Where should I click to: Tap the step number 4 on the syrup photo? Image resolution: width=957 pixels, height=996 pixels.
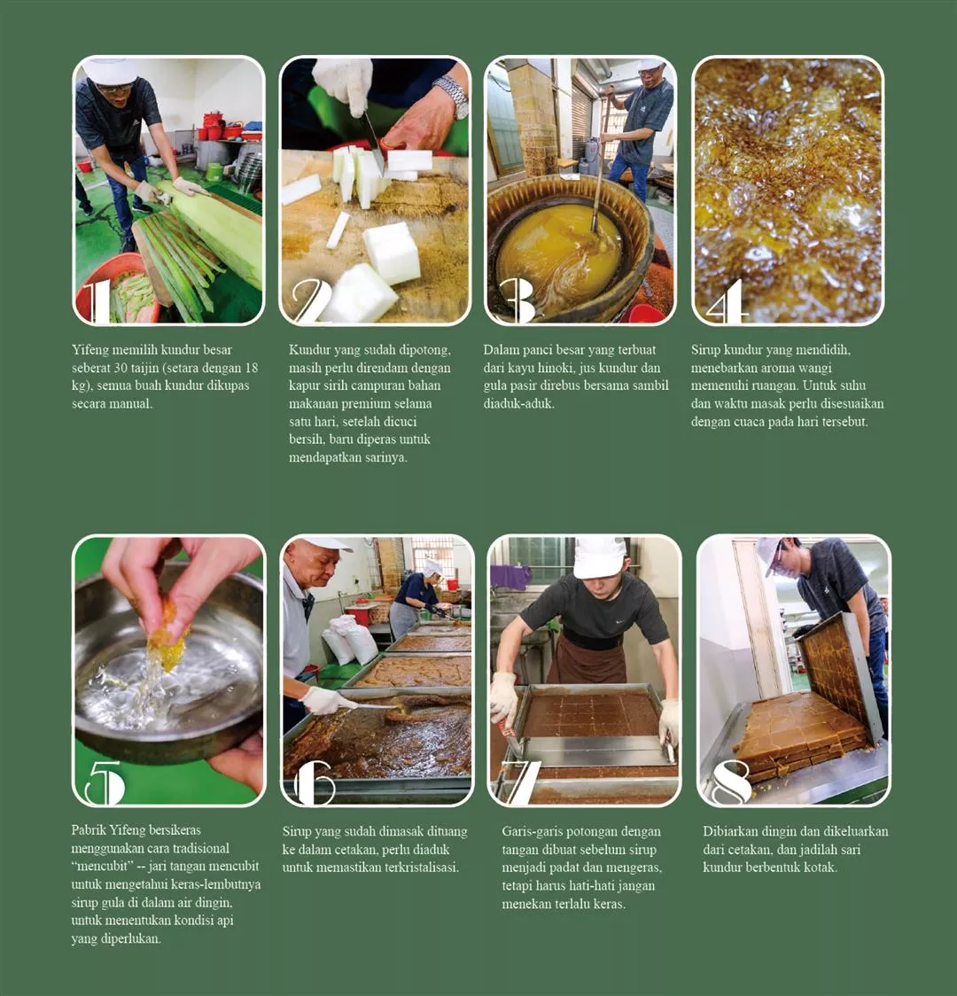click(x=727, y=301)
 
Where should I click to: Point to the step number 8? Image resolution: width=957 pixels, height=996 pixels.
click(x=729, y=782)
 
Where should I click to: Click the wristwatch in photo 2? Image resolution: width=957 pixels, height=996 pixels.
click(x=452, y=96)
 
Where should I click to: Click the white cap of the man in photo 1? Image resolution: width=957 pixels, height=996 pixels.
click(x=109, y=71)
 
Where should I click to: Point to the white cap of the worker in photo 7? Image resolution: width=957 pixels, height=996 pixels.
click(x=599, y=557)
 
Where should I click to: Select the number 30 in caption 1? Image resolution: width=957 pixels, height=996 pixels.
click(x=121, y=368)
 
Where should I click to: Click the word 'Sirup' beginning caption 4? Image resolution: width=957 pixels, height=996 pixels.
click(x=705, y=350)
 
